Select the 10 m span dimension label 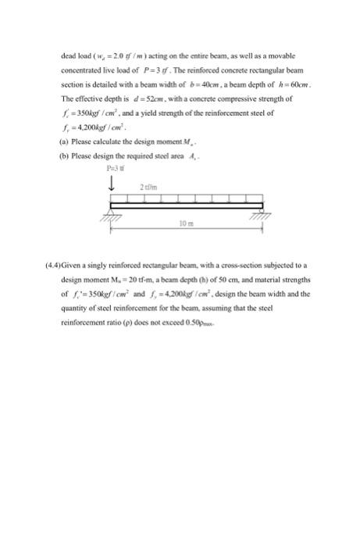click(184, 221)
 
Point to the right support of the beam click(255, 212)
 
